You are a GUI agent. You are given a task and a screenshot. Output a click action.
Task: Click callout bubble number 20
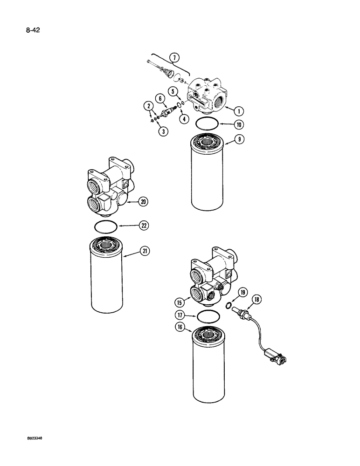click(x=143, y=202)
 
